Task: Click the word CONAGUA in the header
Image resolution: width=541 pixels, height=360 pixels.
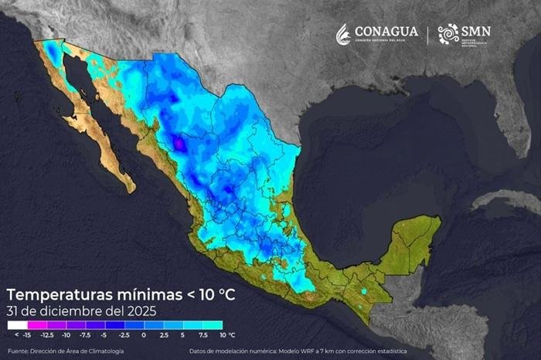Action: pos(385,31)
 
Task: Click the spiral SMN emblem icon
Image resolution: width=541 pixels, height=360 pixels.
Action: pos(447,33)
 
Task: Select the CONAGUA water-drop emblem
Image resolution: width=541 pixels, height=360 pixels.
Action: pos(343,33)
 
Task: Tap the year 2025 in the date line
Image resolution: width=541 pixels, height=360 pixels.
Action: pos(142,311)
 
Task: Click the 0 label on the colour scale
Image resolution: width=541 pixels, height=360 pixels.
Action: pos(144,335)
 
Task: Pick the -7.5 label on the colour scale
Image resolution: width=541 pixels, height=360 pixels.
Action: pos(85,335)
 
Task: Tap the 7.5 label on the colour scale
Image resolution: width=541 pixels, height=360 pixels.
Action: pos(202,335)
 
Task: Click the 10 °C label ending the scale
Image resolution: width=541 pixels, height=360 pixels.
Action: pos(226,335)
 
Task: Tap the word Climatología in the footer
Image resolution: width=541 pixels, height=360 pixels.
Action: pos(103,352)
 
